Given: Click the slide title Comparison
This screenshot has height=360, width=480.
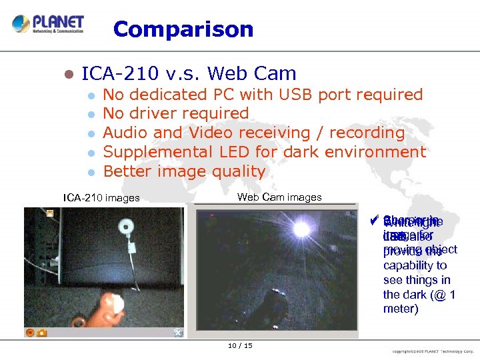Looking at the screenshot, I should tap(183, 29).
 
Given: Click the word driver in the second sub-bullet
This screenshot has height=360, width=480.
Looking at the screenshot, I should tap(155, 114).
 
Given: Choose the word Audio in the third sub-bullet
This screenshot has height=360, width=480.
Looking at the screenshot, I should tap(126, 133).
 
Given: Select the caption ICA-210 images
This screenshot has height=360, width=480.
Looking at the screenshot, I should tap(101, 197).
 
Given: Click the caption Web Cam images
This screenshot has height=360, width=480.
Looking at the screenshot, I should tap(279, 197).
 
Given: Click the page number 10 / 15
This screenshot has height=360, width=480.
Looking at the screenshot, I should tap(239, 345).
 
